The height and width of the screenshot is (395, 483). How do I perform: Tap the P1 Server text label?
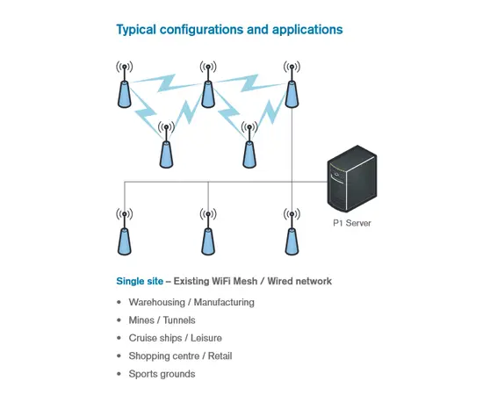click(351, 223)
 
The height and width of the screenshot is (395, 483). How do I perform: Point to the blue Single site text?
click(140, 282)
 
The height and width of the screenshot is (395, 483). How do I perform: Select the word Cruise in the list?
click(143, 338)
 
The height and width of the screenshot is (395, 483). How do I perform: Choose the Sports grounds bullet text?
click(162, 374)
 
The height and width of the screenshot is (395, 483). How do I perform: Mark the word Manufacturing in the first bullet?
click(224, 302)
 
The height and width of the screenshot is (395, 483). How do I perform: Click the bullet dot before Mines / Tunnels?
click(119, 320)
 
